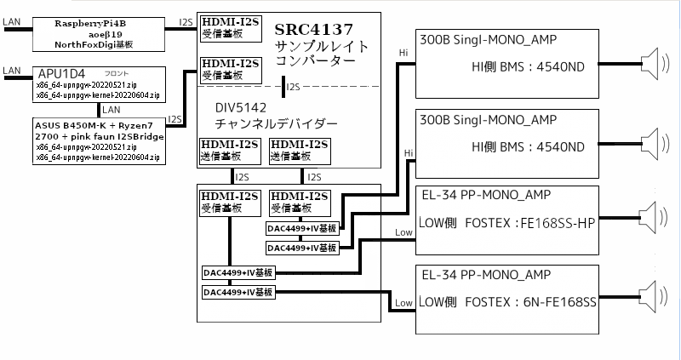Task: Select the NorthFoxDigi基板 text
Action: [96, 44]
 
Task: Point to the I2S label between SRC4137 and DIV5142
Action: [294, 86]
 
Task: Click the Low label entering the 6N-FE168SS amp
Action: [403, 304]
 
